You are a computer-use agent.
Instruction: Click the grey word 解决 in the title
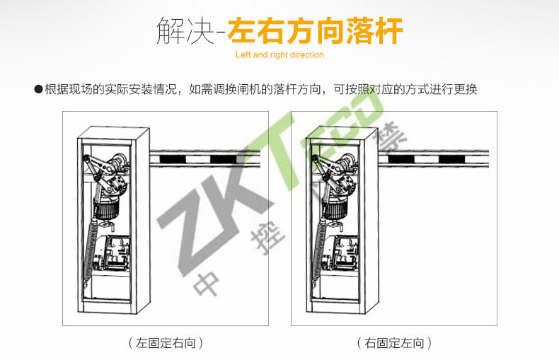185,31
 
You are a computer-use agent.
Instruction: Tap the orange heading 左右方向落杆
316,30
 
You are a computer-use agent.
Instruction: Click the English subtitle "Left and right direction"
279,55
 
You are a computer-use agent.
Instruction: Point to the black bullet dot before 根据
38,89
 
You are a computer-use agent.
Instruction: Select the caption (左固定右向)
166,343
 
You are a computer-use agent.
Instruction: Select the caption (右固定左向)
394,343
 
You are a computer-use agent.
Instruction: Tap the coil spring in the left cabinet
91,250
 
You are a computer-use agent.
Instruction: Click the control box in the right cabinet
340,253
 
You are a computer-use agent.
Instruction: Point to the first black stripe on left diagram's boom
173,159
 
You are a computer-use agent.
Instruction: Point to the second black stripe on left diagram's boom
223,159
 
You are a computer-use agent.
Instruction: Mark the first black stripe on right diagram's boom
401,159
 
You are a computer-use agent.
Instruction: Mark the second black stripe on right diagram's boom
451,159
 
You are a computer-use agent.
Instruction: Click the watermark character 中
207,284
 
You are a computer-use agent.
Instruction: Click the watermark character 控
268,237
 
